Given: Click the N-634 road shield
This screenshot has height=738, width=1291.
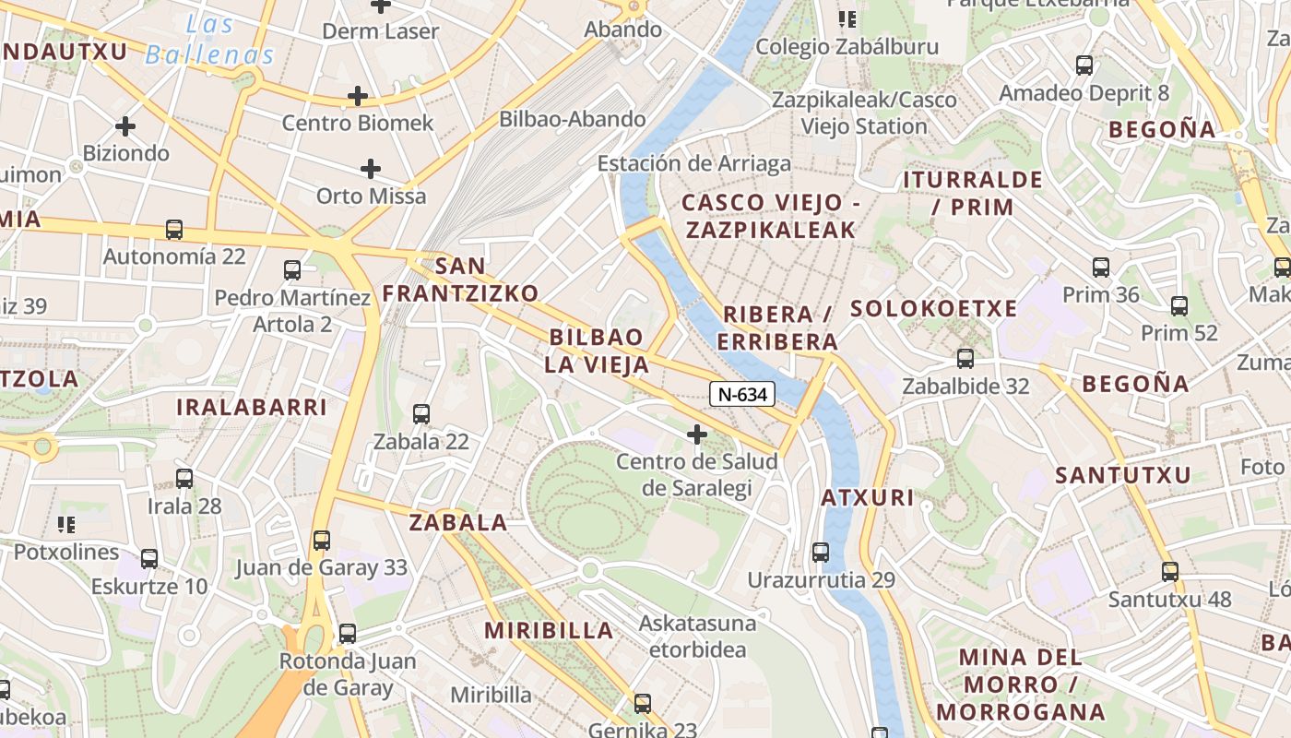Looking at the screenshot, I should point(742,395).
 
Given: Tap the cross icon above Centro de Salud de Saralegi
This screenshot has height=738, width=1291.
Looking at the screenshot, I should point(697,434).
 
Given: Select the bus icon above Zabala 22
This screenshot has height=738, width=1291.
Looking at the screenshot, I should point(421,414).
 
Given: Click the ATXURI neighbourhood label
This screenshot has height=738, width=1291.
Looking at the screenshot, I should point(868,499).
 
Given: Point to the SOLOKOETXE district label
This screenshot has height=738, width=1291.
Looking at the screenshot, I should point(933,309).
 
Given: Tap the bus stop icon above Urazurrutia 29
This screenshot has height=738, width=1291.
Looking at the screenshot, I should point(820,553).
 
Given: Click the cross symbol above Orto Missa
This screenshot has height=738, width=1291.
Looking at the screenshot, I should point(371,169).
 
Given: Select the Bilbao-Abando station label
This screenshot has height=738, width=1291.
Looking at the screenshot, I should point(573,119).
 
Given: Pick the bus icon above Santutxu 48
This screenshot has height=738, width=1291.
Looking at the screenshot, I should point(1170,572).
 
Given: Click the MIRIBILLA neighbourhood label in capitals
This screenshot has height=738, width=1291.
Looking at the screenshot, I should point(550,631).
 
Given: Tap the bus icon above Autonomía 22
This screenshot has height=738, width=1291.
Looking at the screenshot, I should point(174,230).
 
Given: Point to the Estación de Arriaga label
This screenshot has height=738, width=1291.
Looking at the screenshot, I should point(694,164).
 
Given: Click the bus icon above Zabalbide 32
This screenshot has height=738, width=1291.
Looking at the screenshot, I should point(965,359).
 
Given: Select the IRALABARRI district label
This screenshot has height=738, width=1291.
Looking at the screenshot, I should point(252,407).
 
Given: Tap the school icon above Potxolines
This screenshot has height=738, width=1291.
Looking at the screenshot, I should point(66,525).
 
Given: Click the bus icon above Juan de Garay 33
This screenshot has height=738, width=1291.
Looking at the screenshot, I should point(321,541).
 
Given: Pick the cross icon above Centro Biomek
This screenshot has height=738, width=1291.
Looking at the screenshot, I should point(358,96).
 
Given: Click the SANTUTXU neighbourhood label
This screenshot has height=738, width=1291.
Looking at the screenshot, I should point(1123,476).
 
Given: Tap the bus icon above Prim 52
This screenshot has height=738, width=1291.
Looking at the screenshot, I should point(1179,306).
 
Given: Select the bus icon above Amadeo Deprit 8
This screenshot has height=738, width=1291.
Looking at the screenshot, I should point(1084,65).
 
